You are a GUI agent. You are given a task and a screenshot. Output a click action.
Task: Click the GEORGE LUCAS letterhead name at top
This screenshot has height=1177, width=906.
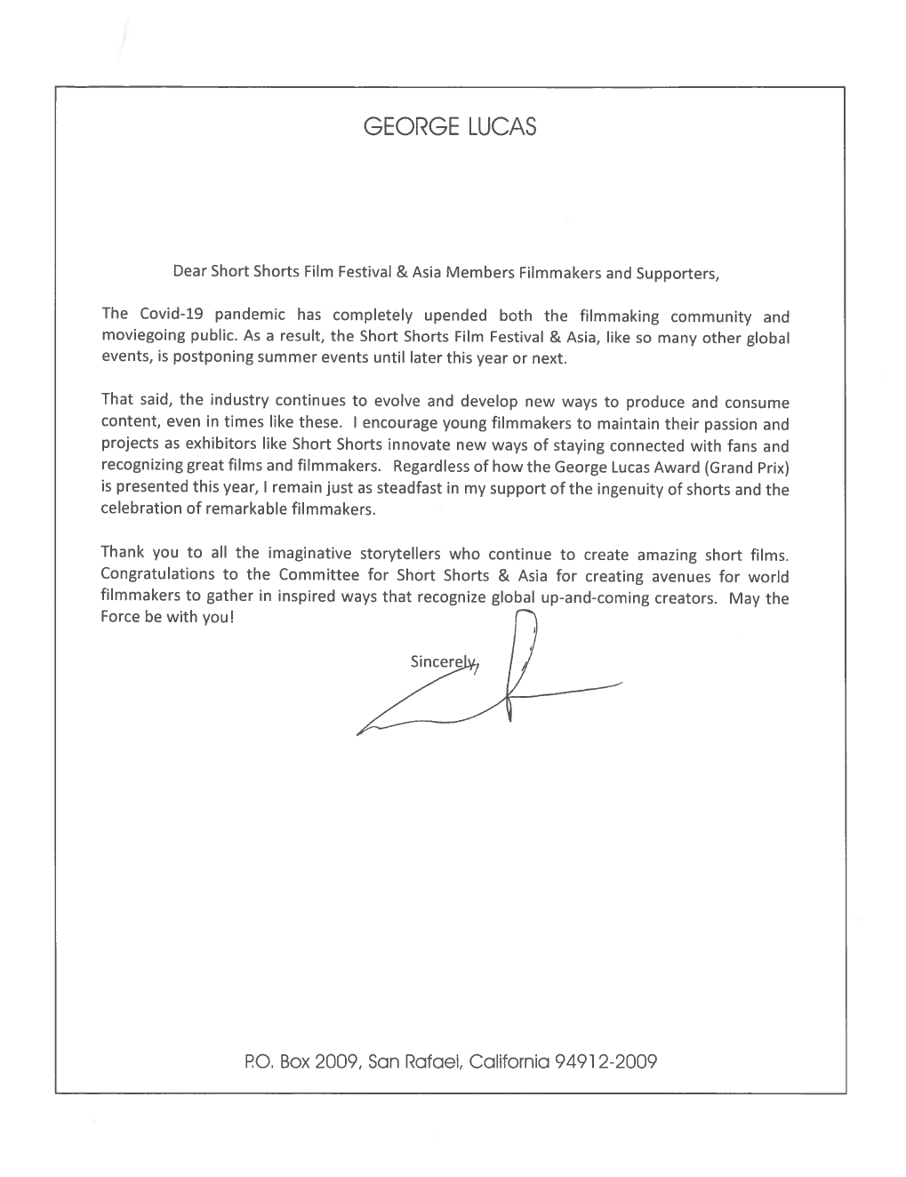pyautogui.click(x=450, y=128)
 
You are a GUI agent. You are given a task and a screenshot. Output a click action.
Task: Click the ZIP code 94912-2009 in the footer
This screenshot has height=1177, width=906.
pyautogui.click(x=605, y=1061)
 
